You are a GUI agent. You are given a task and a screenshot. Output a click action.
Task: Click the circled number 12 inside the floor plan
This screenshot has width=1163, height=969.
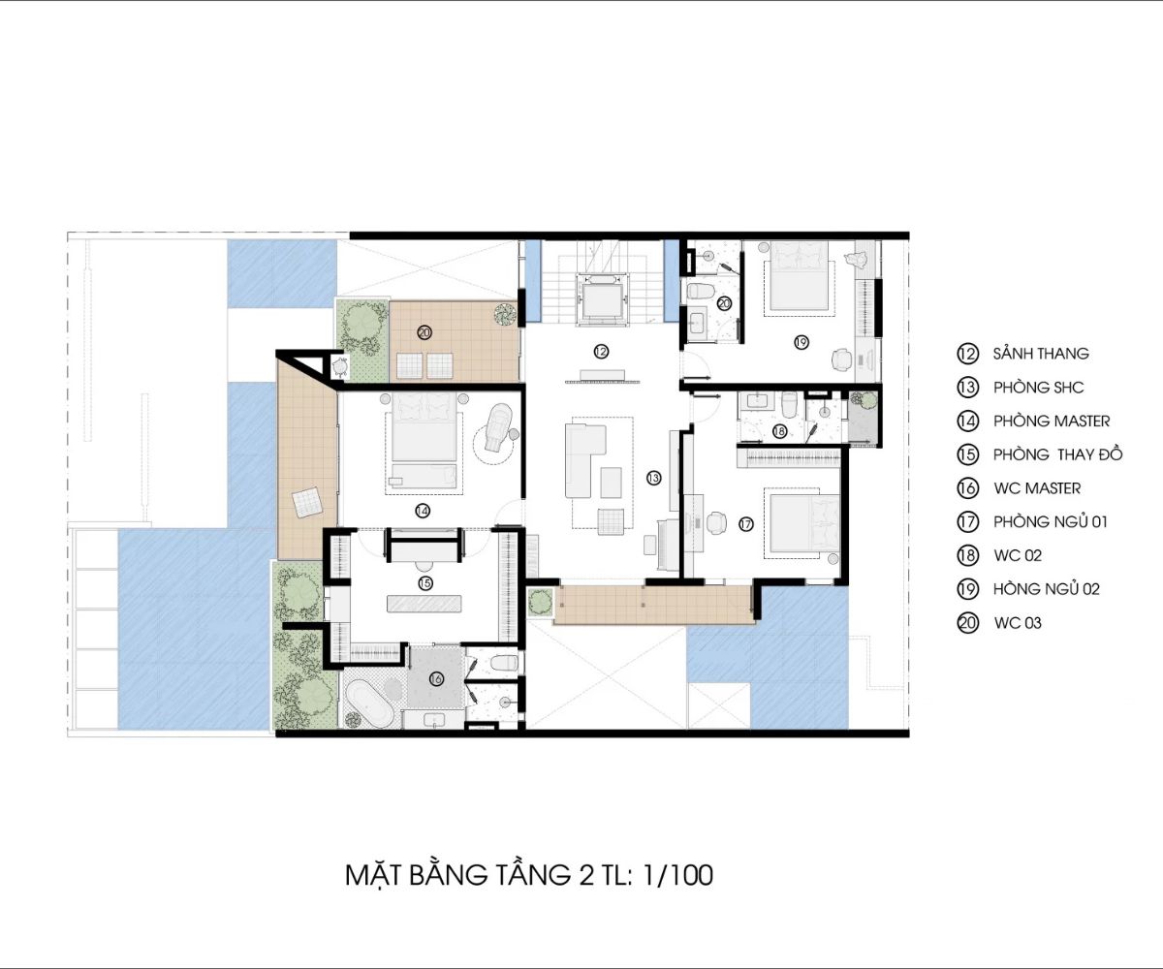(601, 352)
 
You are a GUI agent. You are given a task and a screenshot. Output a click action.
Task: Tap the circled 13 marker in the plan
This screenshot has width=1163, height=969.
(653, 478)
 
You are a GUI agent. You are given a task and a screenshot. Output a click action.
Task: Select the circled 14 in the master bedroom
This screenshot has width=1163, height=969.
(423, 510)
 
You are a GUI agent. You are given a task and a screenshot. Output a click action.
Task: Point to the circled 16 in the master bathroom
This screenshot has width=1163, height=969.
(436, 679)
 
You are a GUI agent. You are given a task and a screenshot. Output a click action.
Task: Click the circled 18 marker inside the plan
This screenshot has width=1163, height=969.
(779, 431)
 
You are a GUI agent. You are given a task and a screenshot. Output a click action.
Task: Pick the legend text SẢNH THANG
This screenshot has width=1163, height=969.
(1041, 354)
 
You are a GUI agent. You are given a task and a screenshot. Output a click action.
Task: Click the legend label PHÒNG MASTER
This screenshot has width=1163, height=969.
(1052, 421)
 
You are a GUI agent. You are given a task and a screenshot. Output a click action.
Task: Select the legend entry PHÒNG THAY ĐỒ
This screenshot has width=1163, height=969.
(1057, 454)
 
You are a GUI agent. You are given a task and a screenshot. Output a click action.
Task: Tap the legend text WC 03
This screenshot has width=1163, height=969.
(1018, 623)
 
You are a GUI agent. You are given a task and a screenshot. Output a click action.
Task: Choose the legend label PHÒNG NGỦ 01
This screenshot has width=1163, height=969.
(1051, 522)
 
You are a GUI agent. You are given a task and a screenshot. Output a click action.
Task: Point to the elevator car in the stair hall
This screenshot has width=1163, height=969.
(601, 300)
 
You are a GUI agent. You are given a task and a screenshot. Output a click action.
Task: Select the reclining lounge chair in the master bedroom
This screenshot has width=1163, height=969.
(497, 427)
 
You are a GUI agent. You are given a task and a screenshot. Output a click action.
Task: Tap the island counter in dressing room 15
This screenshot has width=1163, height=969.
(424, 604)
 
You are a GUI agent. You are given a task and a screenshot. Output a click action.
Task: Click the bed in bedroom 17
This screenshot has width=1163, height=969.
(802, 523)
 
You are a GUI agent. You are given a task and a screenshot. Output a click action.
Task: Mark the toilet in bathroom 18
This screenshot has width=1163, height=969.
(789, 405)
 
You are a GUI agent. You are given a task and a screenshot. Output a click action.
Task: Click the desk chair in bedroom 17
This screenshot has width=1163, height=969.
(716, 522)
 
